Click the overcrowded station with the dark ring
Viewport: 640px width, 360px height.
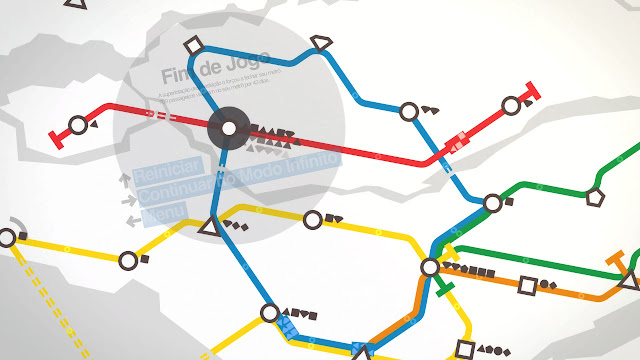point(229,128)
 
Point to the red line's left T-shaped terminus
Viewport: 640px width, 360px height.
point(54,137)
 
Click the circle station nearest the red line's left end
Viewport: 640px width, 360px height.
point(78,125)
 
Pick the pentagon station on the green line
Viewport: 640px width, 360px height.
point(595,196)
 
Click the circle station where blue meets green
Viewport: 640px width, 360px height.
point(492,203)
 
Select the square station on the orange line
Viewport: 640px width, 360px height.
point(527,286)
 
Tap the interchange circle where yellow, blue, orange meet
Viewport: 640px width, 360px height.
point(430,267)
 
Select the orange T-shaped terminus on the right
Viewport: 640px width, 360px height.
point(627,264)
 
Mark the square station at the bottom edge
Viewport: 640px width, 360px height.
point(463,350)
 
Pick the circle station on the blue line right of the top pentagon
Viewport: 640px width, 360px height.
point(408,111)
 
